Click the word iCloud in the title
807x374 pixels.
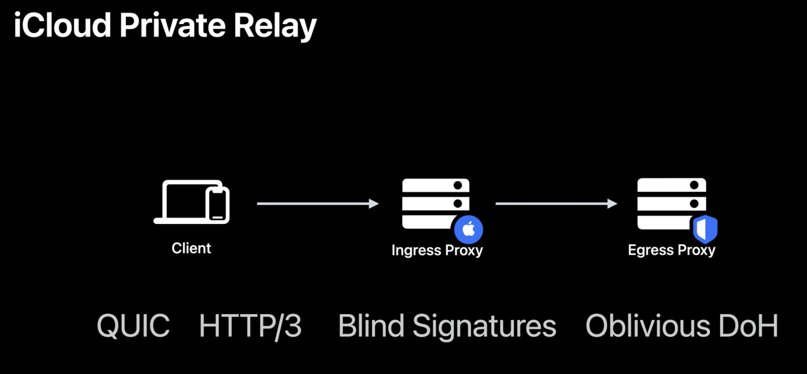coord(62,26)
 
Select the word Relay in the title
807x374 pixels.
coord(275,26)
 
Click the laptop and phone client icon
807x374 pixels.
coord(191,202)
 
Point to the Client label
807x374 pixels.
coord(191,248)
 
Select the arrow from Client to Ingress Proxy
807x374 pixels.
coord(318,203)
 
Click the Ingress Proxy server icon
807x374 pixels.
coord(436,203)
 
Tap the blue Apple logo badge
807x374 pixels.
coord(468,230)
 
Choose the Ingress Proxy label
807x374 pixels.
coord(437,250)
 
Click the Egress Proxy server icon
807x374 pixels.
coord(671,203)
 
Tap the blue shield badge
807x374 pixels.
coord(705,230)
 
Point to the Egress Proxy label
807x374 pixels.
coord(671,250)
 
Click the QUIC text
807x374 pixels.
coord(133,326)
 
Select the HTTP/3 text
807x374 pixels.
coord(250,326)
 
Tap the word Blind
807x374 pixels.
coord(371,326)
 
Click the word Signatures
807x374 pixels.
coord(484,326)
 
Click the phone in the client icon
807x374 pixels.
coord(218,204)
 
